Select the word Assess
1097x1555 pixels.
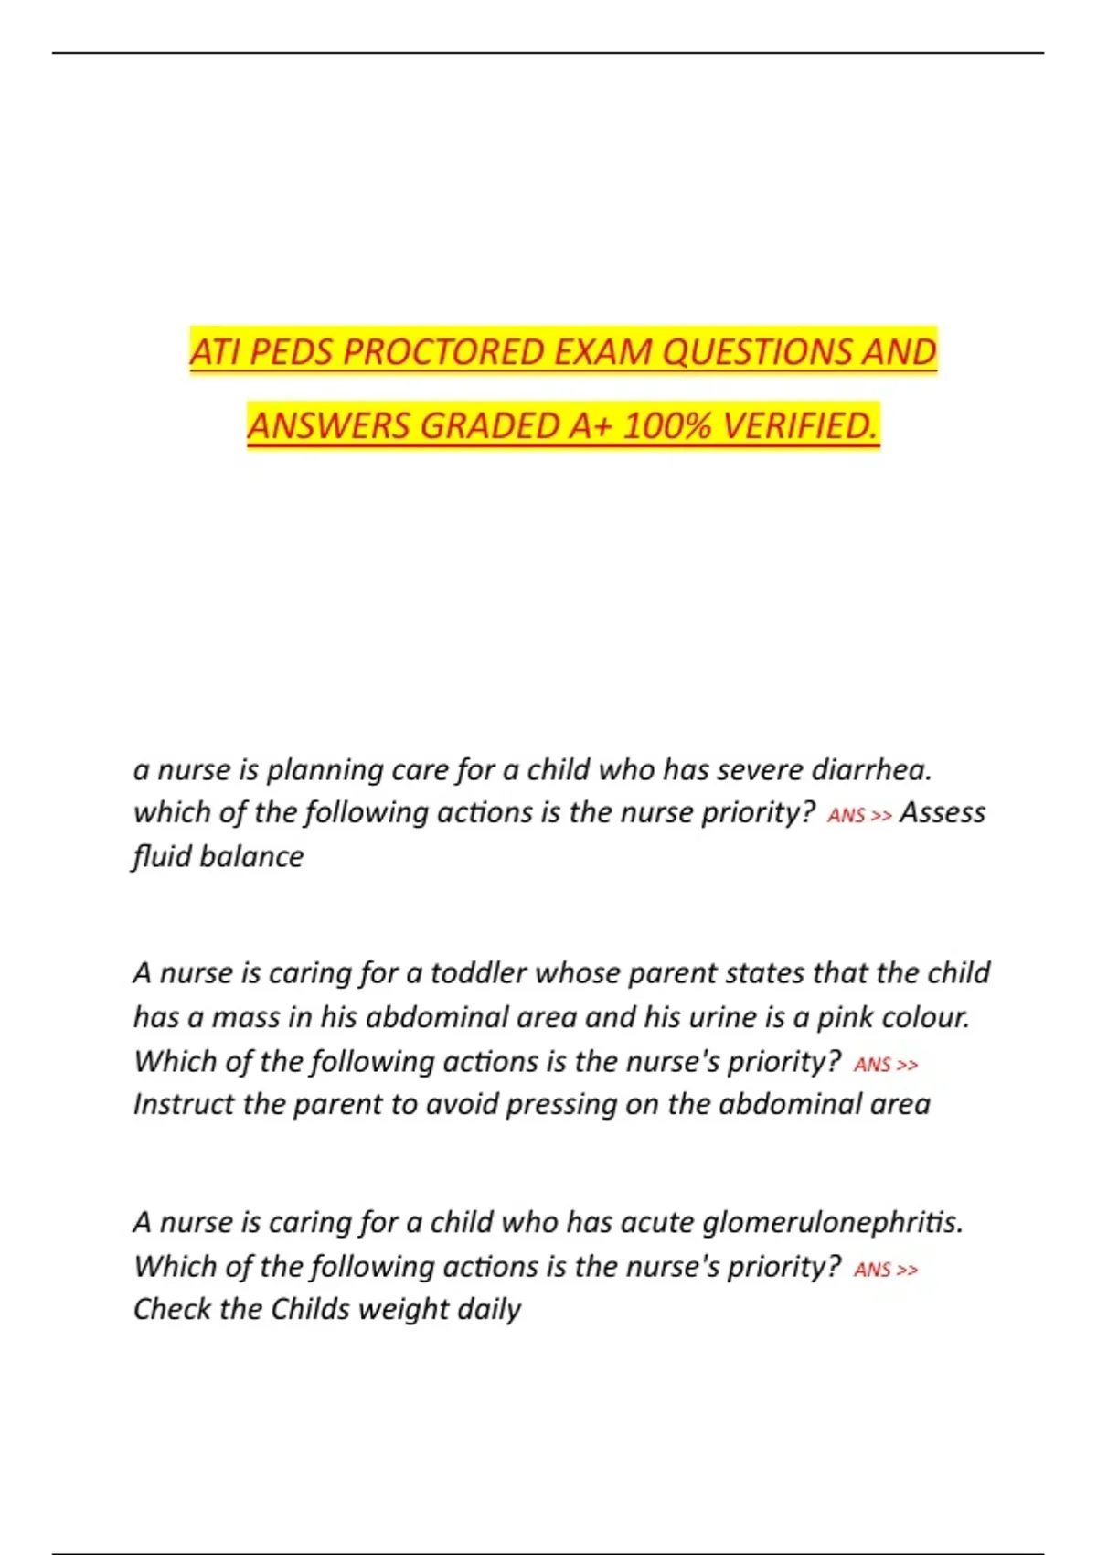[942, 812]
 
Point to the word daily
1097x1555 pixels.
[489, 1310]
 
